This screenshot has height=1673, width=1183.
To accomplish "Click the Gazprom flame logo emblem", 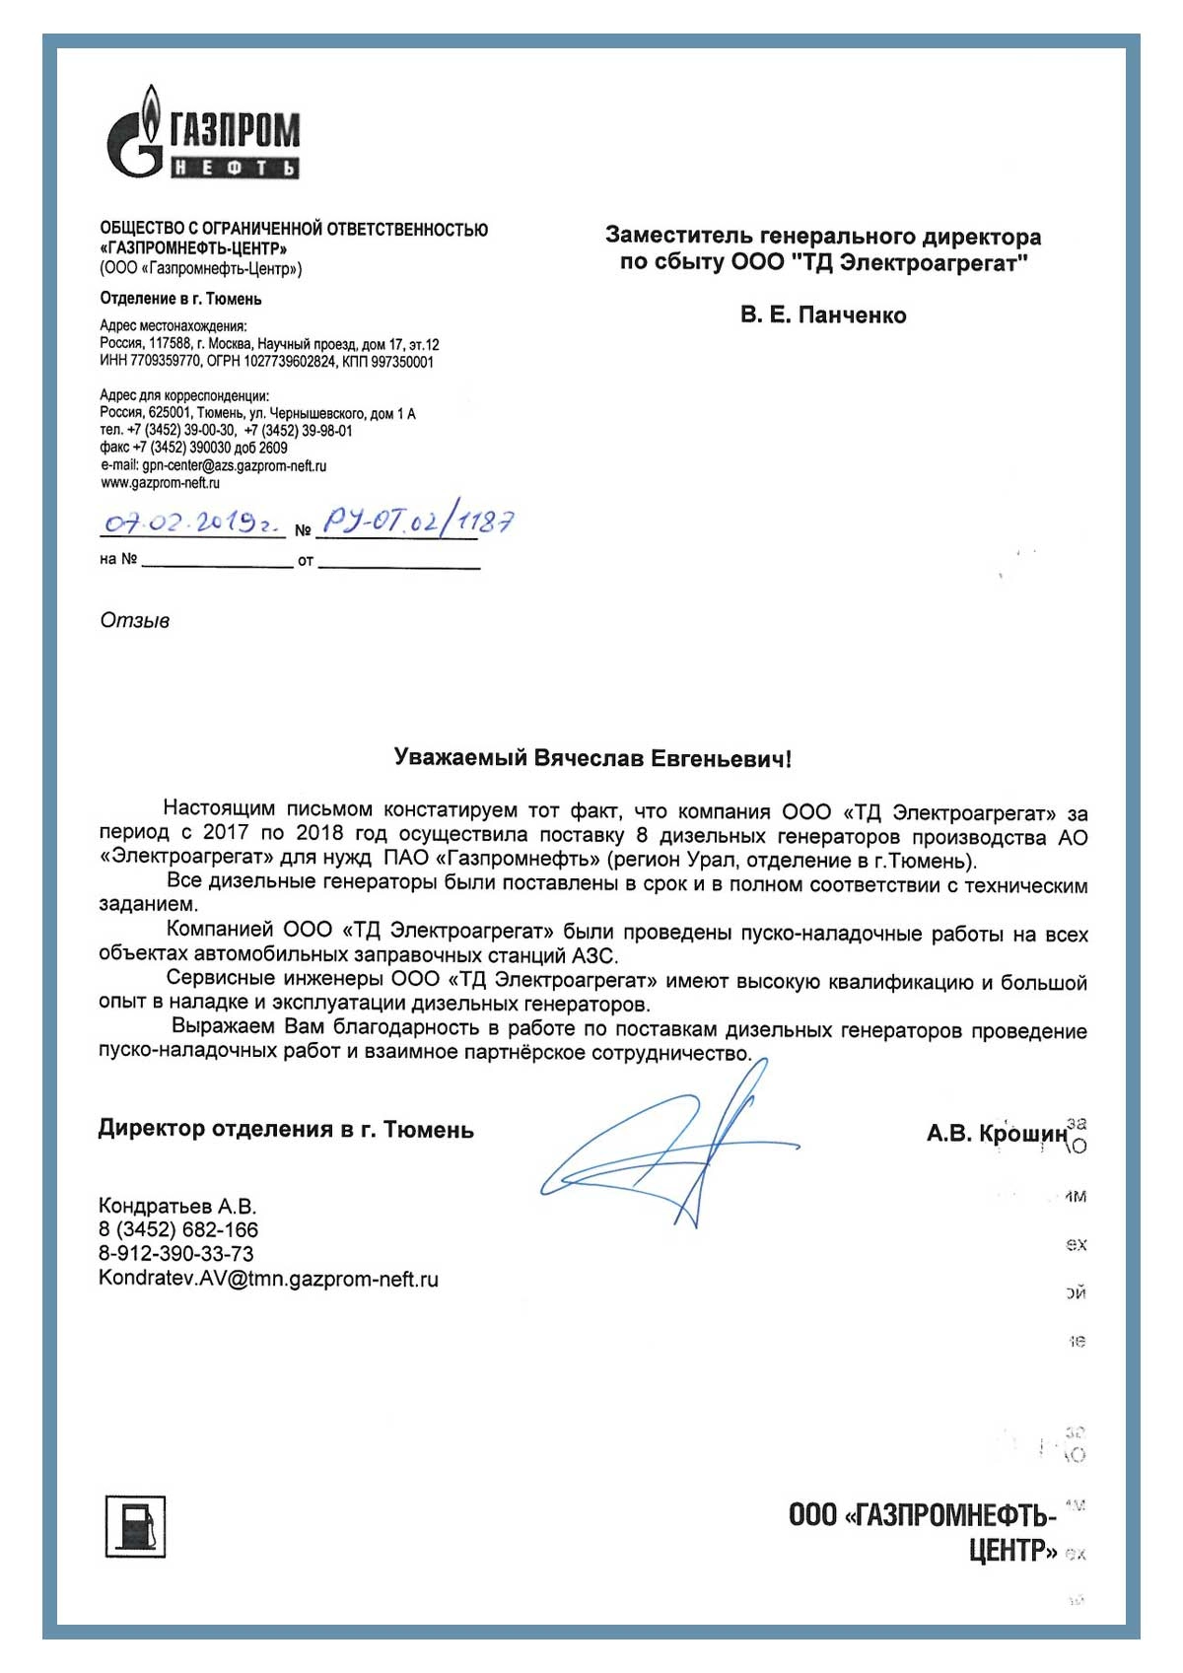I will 136,138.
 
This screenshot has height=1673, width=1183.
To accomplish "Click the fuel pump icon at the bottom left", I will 135,1527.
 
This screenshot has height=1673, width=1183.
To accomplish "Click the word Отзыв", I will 135,621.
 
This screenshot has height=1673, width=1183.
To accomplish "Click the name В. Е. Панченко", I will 823,315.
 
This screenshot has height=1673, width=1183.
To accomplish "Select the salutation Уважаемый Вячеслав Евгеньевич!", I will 591,758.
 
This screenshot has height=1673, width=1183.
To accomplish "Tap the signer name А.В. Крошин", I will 996,1134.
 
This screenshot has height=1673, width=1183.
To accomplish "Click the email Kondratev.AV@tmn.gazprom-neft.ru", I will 268,1280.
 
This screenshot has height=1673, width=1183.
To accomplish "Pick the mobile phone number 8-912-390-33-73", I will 175,1254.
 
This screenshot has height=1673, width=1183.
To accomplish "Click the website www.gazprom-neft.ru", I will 160,483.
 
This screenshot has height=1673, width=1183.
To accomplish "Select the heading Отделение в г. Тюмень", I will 180,299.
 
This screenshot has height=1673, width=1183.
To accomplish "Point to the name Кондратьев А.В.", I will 177,1206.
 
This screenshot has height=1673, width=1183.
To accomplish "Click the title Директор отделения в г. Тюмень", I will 286,1130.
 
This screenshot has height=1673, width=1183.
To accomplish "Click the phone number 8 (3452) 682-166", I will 178,1230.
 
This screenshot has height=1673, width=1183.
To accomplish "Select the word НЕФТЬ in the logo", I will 235,169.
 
